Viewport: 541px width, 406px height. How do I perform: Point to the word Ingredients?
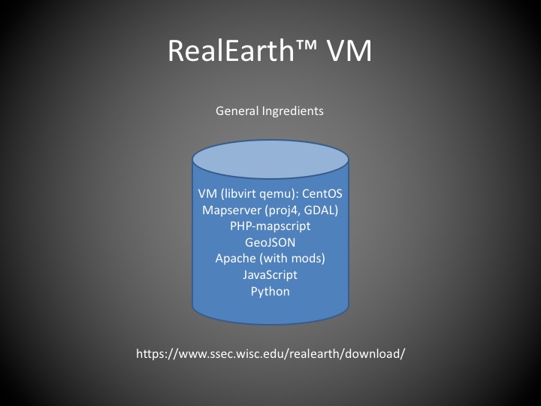pyautogui.click(x=293, y=111)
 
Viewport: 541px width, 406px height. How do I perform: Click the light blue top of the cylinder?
pyautogui.click(x=270, y=159)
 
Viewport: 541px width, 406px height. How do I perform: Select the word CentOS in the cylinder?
pyautogui.click(x=322, y=193)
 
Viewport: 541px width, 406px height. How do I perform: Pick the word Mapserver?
pyautogui.click(x=231, y=211)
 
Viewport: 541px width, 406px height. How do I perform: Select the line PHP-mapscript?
pyautogui.click(x=270, y=226)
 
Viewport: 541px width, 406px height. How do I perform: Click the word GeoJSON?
pyautogui.click(x=270, y=242)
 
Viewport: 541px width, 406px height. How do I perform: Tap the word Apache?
pyautogui.click(x=236, y=258)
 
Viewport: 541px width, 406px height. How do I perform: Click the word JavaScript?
pyautogui.click(x=270, y=275)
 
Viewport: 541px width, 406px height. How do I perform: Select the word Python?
pyautogui.click(x=270, y=292)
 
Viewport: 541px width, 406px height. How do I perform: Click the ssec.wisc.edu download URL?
pyautogui.click(x=270, y=353)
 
